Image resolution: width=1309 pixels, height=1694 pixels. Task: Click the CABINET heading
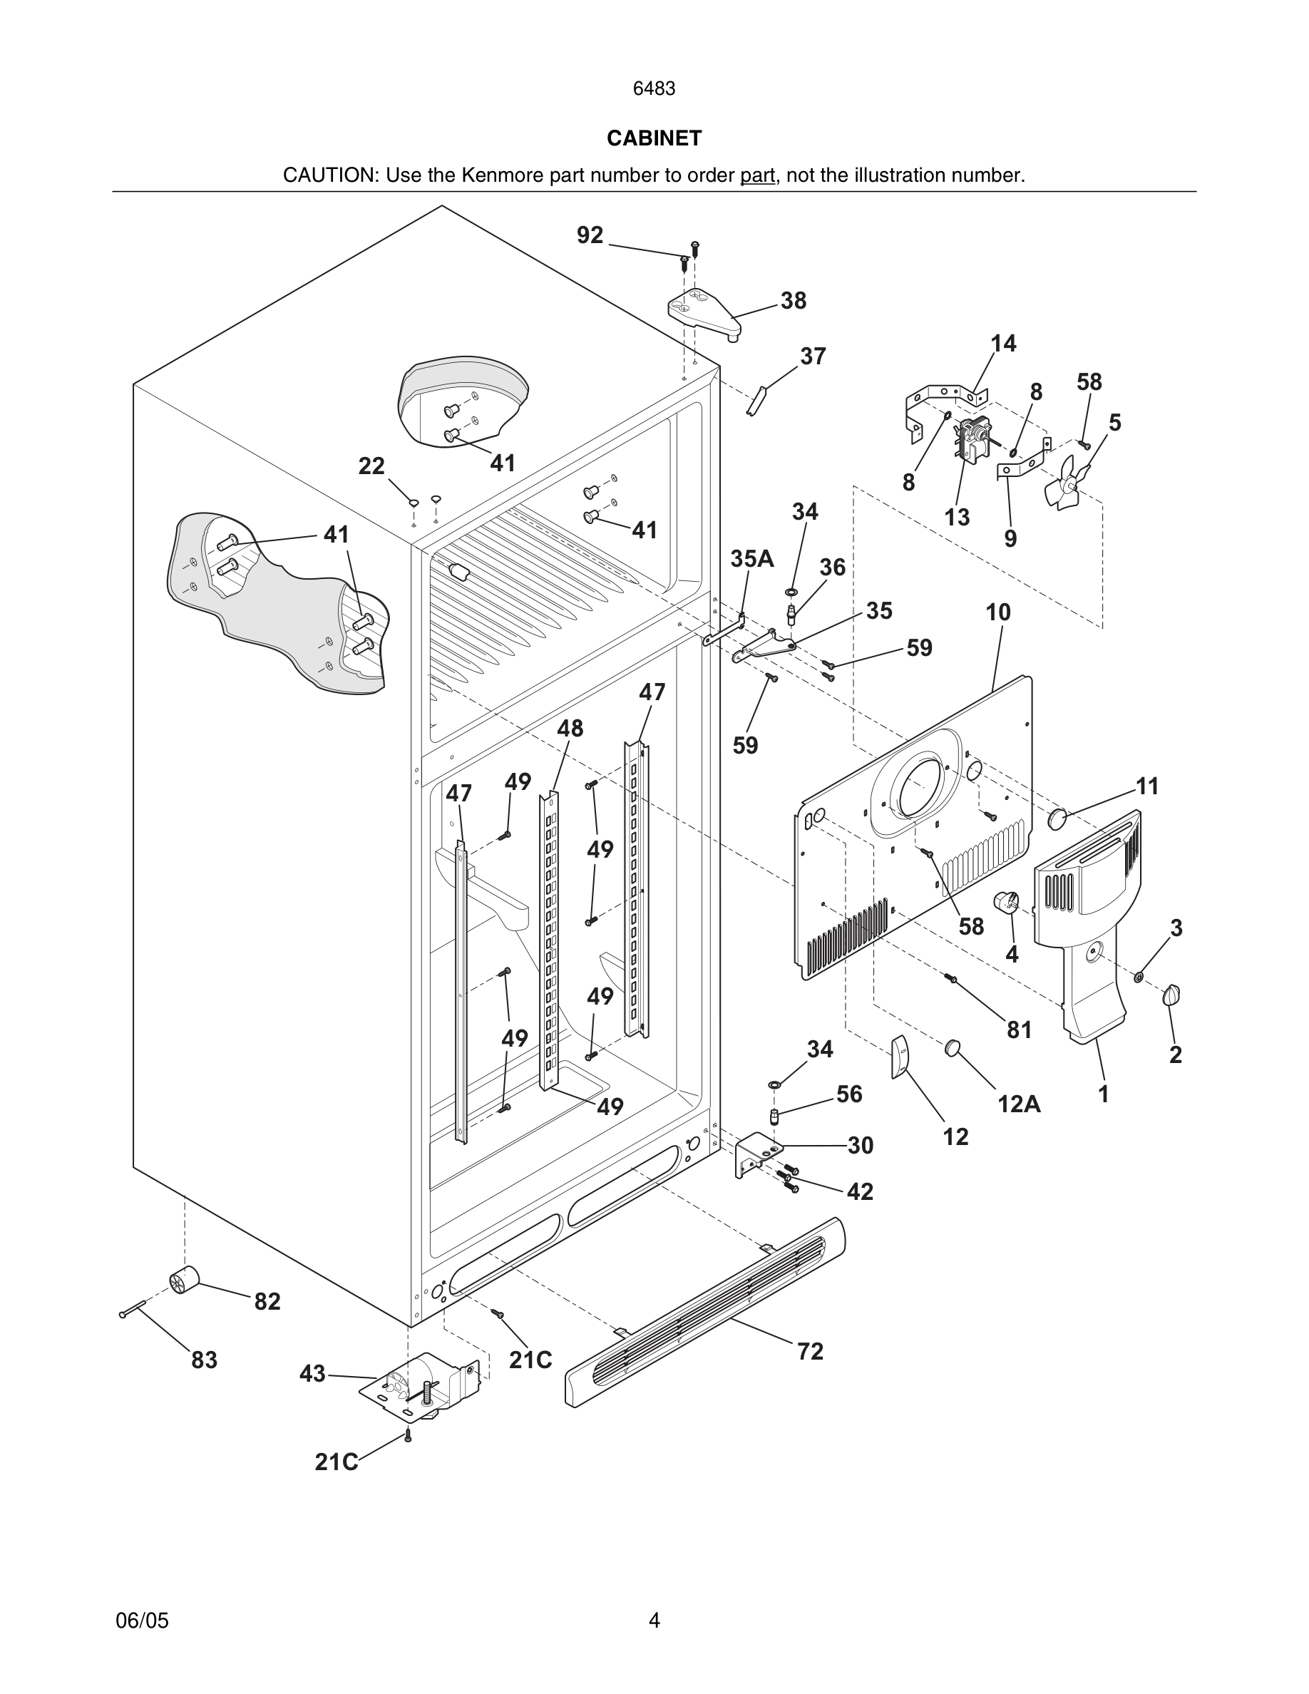pos(654,138)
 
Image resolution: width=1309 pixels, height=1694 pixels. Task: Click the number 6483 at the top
pos(654,89)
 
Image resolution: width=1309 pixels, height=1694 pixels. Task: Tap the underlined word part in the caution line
pos(757,176)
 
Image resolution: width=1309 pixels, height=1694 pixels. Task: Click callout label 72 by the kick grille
pos(810,1351)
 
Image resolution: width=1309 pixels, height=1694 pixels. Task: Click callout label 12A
pos(1019,1103)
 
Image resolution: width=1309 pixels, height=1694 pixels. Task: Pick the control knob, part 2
pos(1171,995)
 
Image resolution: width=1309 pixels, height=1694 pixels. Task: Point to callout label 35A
pos(752,558)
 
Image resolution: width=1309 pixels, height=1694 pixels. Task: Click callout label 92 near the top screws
pos(590,235)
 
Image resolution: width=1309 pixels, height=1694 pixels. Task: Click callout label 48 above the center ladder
pos(570,729)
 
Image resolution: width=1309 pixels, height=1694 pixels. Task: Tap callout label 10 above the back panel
pos(998,612)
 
